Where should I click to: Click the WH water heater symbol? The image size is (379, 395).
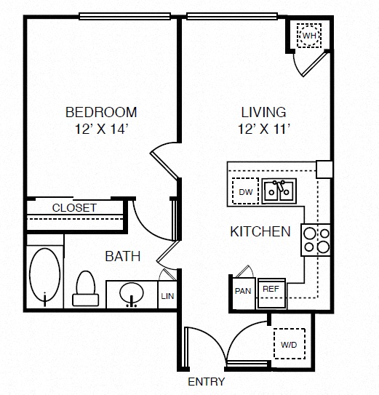click(x=309, y=36)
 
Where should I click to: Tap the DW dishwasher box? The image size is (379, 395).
click(x=245, y=191)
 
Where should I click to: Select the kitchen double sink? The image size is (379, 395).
click(x=279, y=191)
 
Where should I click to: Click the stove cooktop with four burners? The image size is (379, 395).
click(x=316, y=240)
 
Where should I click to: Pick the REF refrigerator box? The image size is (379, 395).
click(x=271, y=294)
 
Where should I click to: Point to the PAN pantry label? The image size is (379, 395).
click(x=243, y=291)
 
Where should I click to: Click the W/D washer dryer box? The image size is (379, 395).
click(x=290, y=343)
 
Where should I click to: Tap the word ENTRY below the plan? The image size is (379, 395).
click(x=207, y=381)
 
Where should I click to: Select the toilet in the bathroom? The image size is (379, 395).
click(x=86, y=289)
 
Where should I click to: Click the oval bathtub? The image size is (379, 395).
click(x=45, y=274)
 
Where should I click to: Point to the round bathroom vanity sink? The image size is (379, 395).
click(x=132, y=293)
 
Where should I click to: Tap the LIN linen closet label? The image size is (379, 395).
click(x=167, y=296)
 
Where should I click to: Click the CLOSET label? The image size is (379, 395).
click(x=74, y=208)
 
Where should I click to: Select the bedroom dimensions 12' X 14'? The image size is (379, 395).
click(x=100, y=129)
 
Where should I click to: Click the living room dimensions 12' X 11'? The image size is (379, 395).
click(x=264, y=129)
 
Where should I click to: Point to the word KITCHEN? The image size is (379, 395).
click(x=260, y=231)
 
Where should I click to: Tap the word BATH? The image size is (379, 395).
click(x=123, y=256)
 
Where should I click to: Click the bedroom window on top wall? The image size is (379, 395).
click(x=124, y=17)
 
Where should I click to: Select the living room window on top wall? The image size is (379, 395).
click(x=232, y=17)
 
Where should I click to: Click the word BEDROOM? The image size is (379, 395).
click(x=101, y=112)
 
